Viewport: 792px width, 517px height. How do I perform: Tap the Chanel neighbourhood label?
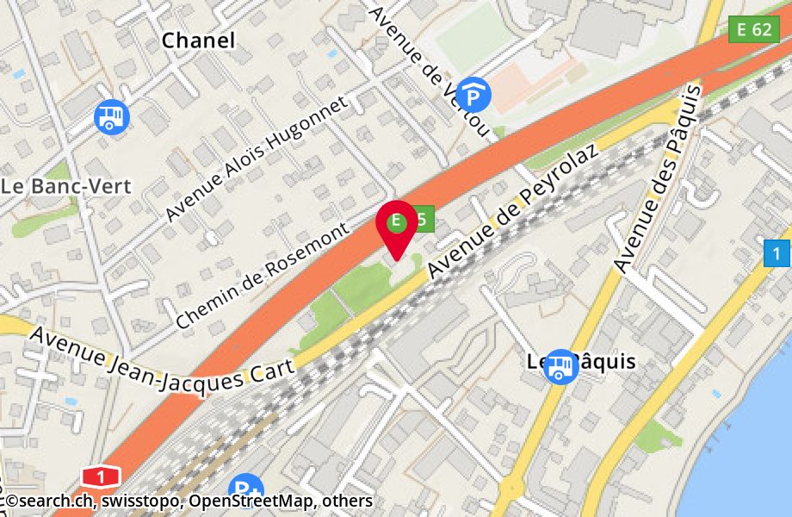tap(198, 40)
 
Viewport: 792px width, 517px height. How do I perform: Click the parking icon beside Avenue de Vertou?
tap(473, 94)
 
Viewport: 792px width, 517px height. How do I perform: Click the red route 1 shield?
tap(102, 476)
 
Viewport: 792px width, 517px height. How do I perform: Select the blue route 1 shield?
tap(777, 253)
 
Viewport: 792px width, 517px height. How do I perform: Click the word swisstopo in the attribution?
tap(145, 501)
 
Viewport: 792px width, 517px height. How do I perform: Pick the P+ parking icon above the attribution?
tap(247, 488)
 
